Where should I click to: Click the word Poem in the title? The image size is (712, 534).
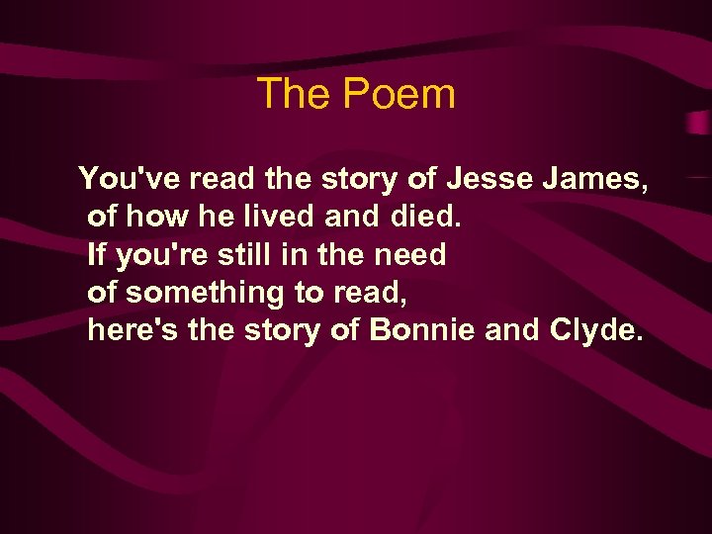tap(400, 95)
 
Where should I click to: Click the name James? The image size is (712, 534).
tap(600, 179)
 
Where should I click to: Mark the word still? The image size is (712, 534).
tap(238, 254)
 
